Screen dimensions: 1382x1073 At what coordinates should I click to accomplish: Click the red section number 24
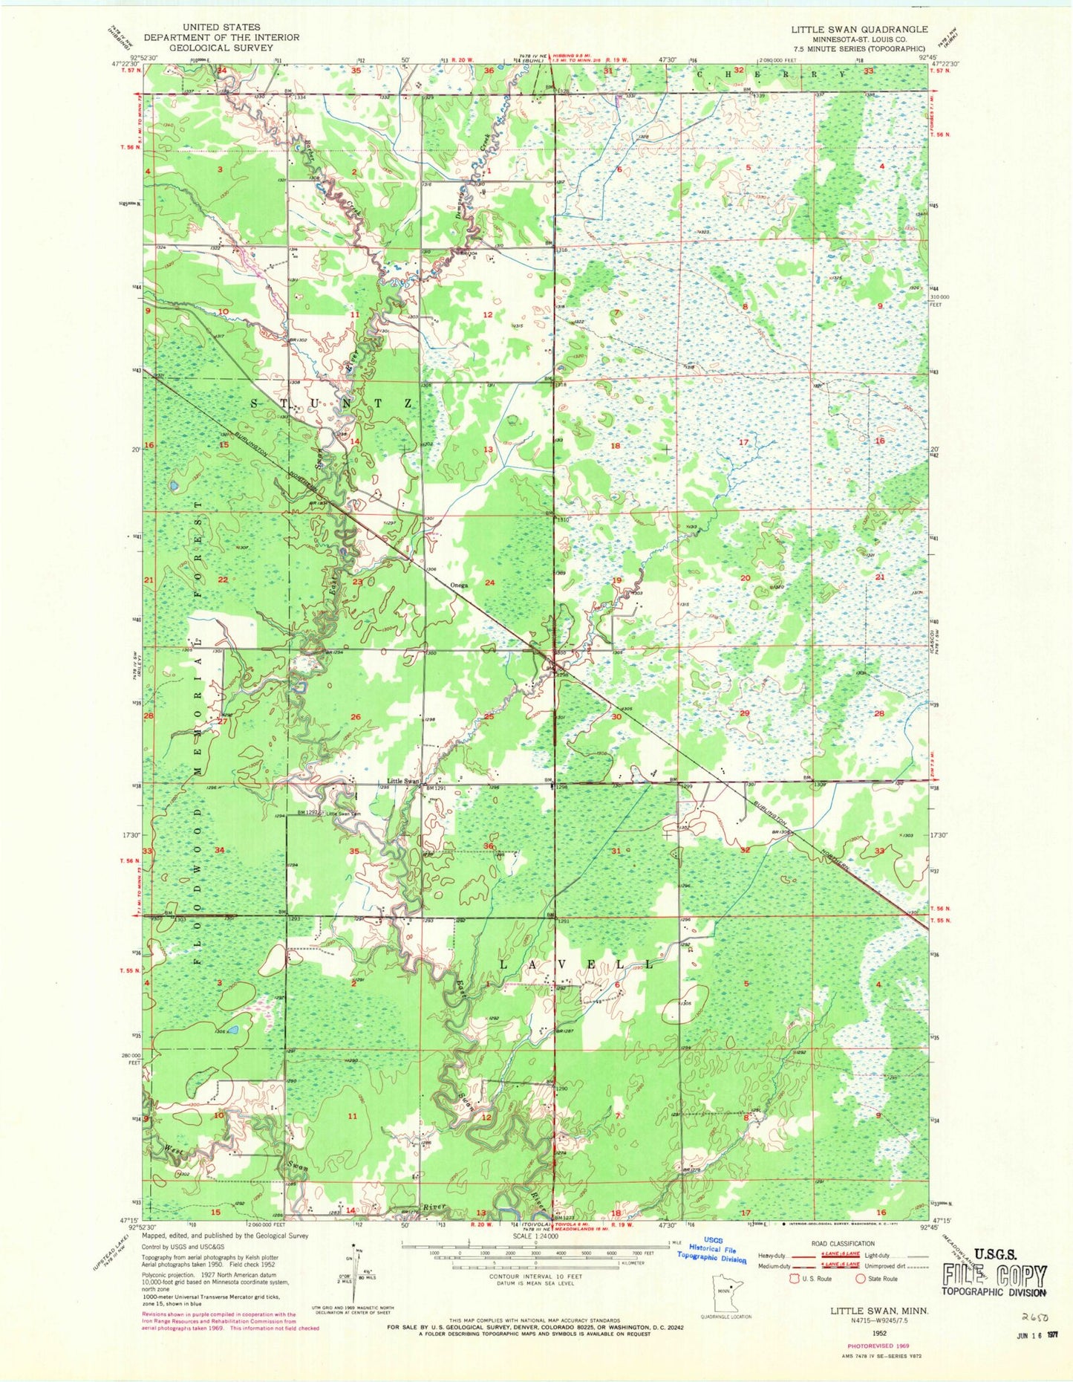point(489,583)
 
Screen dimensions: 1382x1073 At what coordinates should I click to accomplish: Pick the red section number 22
point(222,580)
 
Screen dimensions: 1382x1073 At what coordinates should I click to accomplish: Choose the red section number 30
point(616,717)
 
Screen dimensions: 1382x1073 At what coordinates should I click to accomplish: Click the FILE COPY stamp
point(996,1276)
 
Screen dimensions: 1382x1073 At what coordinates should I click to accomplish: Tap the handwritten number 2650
point(1034,1316)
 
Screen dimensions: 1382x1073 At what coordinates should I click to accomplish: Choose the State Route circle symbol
point(861,1279)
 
